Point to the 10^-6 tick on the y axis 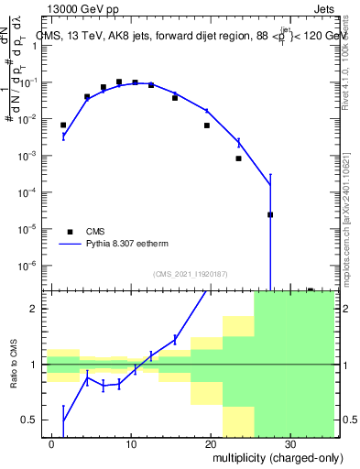click(x=29, y=266)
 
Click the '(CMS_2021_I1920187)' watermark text click(x=190, y=274)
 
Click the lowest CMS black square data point click(x=270, y=215)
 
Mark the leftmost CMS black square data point click(x=63, y=125)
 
